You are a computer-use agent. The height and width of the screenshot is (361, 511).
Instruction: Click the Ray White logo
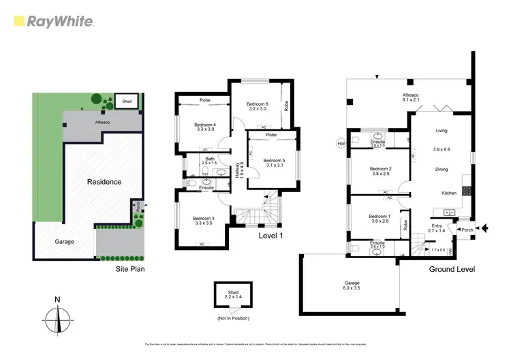tap(53, 21)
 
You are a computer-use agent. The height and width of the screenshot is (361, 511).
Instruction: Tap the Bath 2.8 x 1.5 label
tap(209, 161)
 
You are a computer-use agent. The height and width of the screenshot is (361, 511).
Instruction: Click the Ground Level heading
tap(452, 269)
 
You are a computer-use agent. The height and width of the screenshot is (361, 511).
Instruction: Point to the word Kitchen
tap(448, 193)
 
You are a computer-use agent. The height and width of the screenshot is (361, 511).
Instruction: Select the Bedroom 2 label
tap(380, 171)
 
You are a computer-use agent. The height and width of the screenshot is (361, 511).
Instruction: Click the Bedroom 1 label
tap(380, 218)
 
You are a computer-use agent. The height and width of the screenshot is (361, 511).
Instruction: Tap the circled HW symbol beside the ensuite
tap(341, 144)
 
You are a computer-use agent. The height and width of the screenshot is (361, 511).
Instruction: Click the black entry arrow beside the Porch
tap(484, 230)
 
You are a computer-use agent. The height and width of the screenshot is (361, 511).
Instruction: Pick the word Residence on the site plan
tap(104, 182)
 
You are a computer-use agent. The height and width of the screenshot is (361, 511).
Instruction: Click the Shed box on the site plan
tap(127, 101)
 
